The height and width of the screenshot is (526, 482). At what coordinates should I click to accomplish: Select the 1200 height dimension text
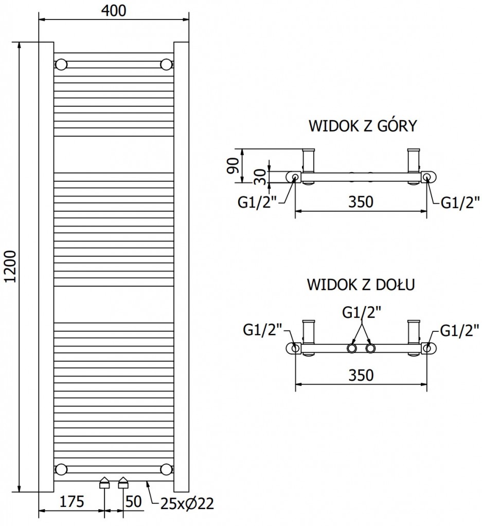tap(11, 267)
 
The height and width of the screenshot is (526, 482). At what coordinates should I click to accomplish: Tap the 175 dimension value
tap(72, 502)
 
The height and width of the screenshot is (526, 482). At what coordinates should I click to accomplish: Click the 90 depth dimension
tap(233, 165)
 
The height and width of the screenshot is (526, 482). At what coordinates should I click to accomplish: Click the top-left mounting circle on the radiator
tap(61, 65)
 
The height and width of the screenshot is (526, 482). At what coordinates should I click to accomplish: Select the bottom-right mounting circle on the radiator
tap(166, 469)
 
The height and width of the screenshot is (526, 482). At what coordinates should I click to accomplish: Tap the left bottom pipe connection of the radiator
tap(104, 482)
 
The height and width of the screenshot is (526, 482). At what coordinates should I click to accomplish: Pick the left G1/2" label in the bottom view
tap(262, 330)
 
